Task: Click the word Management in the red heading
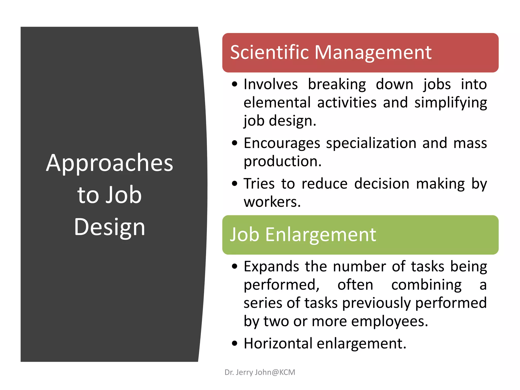click(x=373, y=53)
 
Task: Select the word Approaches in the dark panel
click(x=109, y=163)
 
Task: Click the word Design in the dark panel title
click(x=109, y=227)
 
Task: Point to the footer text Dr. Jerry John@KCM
click(x=260, y=372)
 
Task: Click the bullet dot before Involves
click(x=235, y=84)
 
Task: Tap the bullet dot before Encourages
click(x=235, y=143)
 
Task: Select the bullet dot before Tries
click(x=235, y=184)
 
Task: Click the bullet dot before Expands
click(x=235, y=267)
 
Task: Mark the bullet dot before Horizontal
click(x=235, y=344)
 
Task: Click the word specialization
click(x=371, y=143)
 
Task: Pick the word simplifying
click(x=451, y=103)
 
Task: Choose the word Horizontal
click(x=278, y=344)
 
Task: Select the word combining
click(x=426, y=285)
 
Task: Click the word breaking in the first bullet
click(x=337, y=84)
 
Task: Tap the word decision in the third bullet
click(x=382, y=184)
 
